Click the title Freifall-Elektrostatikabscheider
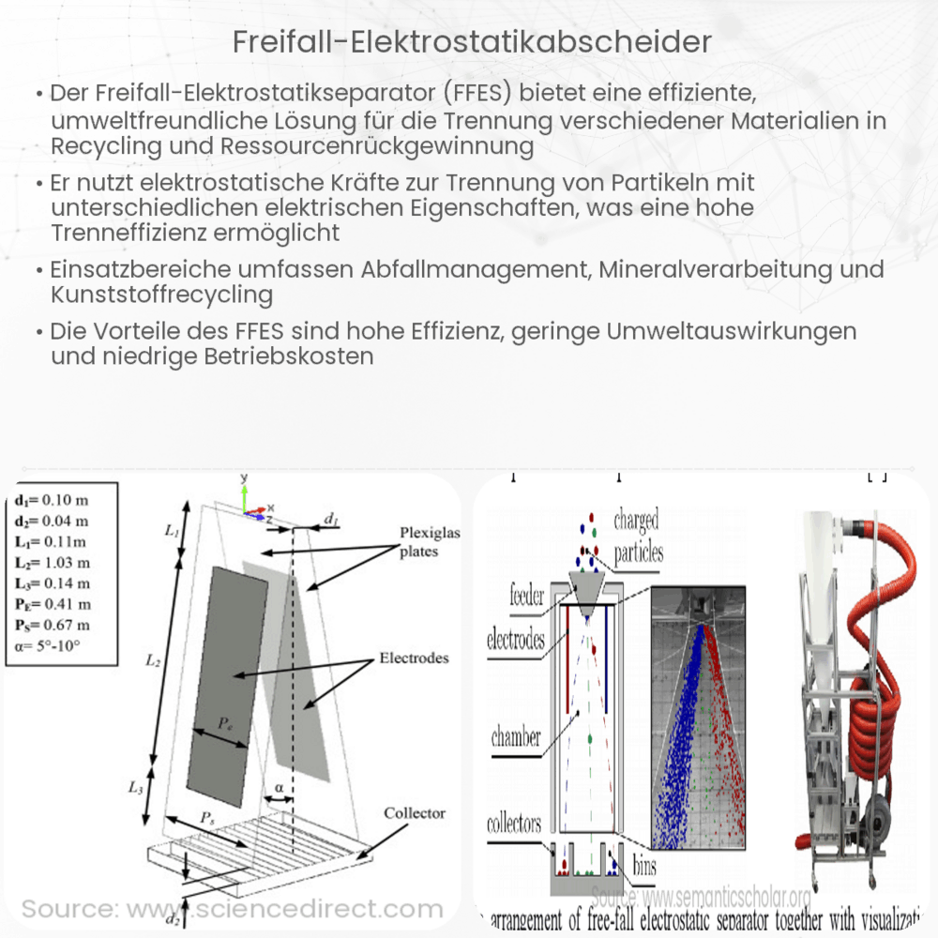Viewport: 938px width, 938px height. pyautogui.click(x=468, y=42)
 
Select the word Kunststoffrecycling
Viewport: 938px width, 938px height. pyautogui.click(x=162, y=295)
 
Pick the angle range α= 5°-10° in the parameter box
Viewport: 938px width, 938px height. pyautogui.click(x=53, y=645)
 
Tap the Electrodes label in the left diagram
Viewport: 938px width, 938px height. pyautogui.click(x=414, y=658)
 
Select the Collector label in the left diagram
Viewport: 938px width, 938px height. pyautogui.click(x=415, y=812)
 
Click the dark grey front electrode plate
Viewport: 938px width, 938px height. pyautogui.click(x=228, y=680)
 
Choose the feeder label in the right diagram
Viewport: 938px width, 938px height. pyautogui.click(x=528, y=595)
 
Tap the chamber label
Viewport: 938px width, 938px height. pyautogui.click(x=516, y=737)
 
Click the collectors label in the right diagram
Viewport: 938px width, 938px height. pyautogui.click(x=514, y=825)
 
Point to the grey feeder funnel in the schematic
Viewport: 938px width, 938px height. pyautogui.click(x=584, y=600)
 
